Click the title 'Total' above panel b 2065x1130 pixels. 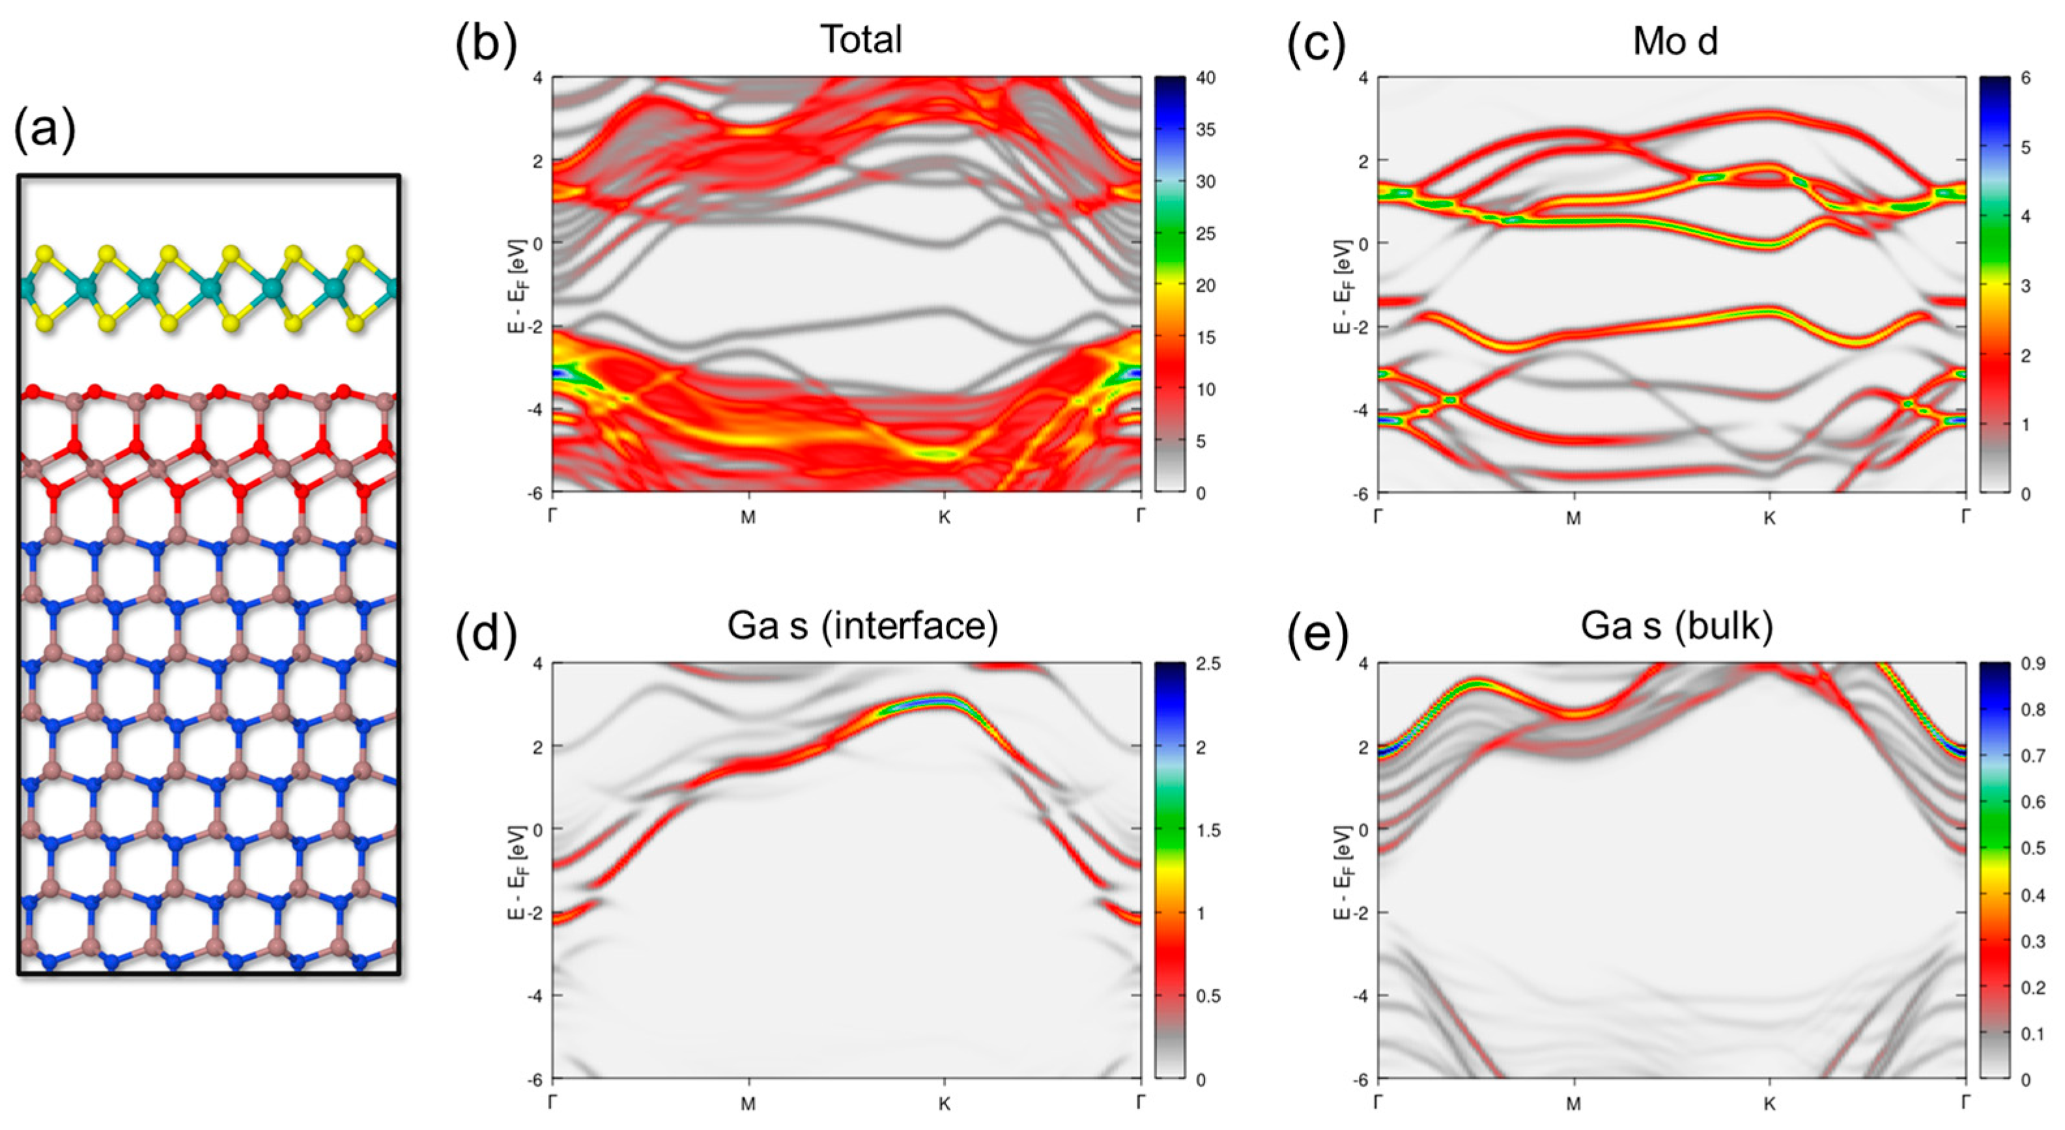861,39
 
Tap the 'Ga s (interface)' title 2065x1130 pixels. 862,625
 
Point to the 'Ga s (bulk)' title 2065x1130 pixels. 1676,625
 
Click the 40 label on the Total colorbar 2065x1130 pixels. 1205,78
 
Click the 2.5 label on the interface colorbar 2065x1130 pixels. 1207,664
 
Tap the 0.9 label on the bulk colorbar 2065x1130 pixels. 2032,664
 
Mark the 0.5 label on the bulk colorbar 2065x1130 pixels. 2032,849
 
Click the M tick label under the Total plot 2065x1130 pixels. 748,518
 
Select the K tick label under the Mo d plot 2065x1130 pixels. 1769,518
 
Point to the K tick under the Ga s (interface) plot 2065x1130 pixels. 945,1103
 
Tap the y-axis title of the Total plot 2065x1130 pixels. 517,285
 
